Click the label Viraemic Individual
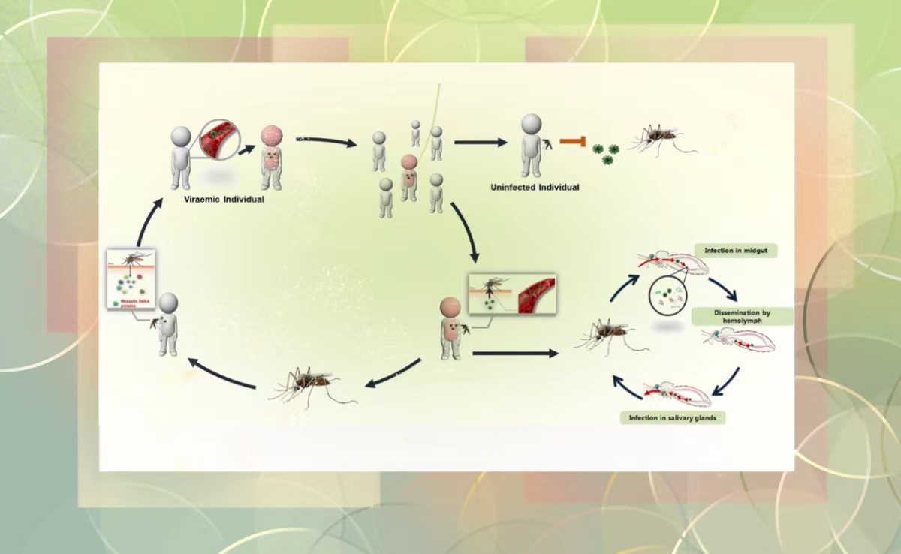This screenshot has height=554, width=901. click(224, 200)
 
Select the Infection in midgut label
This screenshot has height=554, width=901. click(735, 251)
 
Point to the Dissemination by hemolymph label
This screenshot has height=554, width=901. click(743, 316)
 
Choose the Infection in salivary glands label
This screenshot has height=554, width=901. click(673, 417)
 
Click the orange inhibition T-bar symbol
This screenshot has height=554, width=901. click(574, 141)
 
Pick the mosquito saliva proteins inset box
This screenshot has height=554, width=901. click(131, 279)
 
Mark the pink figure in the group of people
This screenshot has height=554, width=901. click(408, 177)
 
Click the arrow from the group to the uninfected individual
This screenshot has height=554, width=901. click(481, 142)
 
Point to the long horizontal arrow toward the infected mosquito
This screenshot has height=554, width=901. click(516, 352)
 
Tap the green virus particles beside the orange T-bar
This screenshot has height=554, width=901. click(606, 151)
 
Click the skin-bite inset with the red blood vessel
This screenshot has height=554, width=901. click(511, 294)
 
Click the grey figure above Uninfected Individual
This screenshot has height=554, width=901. click(531, 144)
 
